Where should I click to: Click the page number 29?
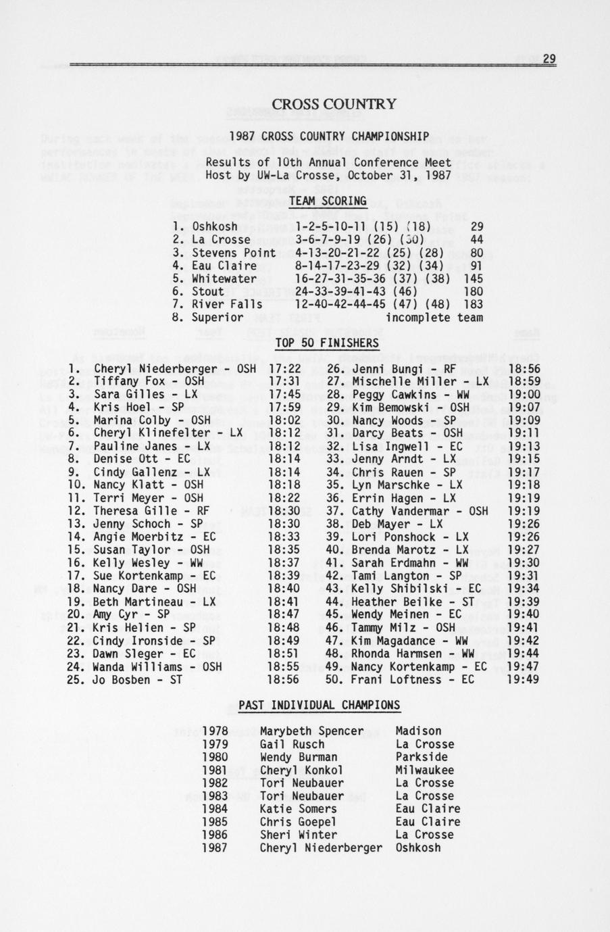pyautogui.click(x=549, y=59)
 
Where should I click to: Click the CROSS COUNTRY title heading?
pyautogui.click(x=334, y=104)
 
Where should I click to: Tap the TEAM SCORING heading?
pyautogui.click(x=328, y=201)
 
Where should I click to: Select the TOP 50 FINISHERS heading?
pyautogui.click(x=327, y=343)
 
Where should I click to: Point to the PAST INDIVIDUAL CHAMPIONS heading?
pyautogui.click(x=320, y=706)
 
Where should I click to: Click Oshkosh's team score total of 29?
pyautogui.click(x=476, y=227)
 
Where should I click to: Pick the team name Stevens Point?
pyautogui.click(x=234, y=253)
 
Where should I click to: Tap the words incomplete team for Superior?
pyautogui.click(x=434, y=318)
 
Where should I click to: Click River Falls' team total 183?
pyautogui.click(x=474, y=305)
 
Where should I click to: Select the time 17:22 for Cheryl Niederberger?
pyautogui.click(x=284, y=369)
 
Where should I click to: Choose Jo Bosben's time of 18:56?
pyautogui.click(x=284, y=680)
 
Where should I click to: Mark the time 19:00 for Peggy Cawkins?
pyautogui.click(x=523, y=395)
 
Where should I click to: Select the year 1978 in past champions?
pyautogui.click(x=215, y=731)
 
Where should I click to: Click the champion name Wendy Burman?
pyautogui.click(x=298, y=757)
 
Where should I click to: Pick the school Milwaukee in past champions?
pyautogui.click(x=424, y=770)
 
